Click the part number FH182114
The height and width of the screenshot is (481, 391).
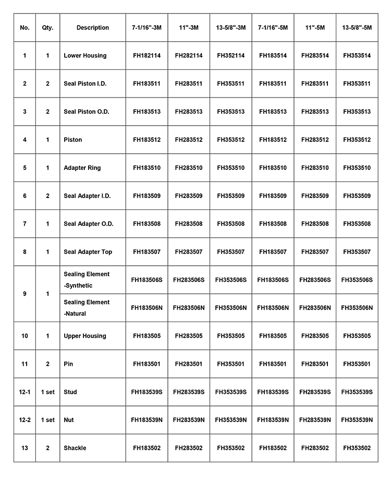[146, 56]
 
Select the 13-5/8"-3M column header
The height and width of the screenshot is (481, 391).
[230, 28]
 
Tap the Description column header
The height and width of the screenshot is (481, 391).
[93, 28]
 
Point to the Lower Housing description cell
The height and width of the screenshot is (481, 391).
[85, 56]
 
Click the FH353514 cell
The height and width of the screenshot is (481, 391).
[357, 56]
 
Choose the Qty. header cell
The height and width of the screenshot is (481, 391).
[47, 28]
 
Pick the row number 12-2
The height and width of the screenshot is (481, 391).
[25, 420]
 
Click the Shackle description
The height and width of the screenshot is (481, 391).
[75, 448]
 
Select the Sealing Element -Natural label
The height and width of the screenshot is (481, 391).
[87, 308]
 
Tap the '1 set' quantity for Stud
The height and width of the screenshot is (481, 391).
[47, 392]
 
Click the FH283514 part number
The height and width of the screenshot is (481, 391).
[315, 56]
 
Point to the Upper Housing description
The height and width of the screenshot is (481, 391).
[85, 336]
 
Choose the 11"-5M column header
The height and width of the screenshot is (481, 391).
[315, 28]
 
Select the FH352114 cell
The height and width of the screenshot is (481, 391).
[230, 56]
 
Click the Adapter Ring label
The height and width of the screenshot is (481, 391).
[82, 168]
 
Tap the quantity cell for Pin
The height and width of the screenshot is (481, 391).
[47, 364]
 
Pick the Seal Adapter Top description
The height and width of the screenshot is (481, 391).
[88, 252]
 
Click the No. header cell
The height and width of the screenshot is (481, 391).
[25, 28]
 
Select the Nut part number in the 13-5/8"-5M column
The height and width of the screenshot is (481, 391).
[357, 420]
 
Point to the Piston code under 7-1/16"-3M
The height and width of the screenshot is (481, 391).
[146, 140]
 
